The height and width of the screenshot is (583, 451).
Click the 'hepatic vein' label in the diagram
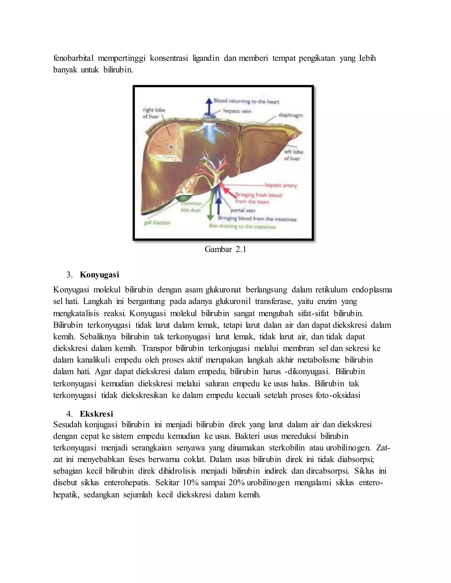[237, 111]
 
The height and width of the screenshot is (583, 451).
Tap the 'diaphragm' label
[290, 115]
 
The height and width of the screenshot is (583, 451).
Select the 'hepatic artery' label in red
[281, 185]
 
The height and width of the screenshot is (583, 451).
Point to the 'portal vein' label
[243, 210]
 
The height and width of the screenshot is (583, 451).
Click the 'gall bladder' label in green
[157, 223]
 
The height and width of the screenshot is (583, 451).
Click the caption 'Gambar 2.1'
[225, 249]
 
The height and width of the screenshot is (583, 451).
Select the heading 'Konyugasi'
[99, 275]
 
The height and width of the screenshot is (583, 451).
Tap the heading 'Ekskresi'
[96, 414]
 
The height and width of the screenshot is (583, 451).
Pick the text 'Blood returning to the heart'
[246, 101]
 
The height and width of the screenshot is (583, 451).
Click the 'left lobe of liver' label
[293, 155]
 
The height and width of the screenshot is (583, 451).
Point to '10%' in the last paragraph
[190, 483]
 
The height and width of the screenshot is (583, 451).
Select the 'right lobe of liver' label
[154, 113]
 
